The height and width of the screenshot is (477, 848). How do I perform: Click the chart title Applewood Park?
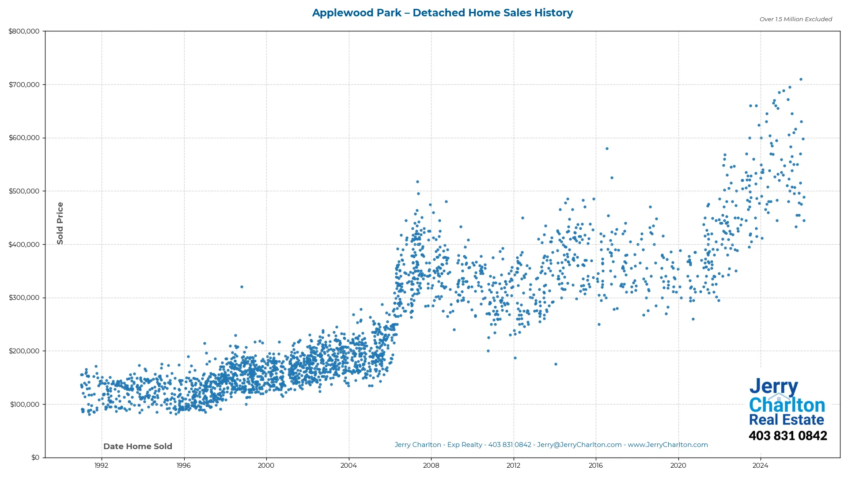coord(442,13)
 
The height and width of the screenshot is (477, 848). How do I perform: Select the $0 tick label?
coord(35,458)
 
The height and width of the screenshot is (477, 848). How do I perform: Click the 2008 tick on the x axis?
coord(431,465)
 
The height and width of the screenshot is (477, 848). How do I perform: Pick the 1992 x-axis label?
coord(102,465)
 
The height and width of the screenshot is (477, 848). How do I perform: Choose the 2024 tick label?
coord(761,465)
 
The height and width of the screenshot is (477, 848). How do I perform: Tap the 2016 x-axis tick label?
coord(596,465)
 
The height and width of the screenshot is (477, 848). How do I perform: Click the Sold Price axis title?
coord(60,223)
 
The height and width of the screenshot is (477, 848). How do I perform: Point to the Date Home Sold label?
coord(138,447)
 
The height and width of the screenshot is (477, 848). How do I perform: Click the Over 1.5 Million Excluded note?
coord(795,19)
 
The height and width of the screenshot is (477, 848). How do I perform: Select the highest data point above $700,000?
coord(801,79)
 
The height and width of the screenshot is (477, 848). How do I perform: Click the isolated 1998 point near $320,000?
coord(242,287)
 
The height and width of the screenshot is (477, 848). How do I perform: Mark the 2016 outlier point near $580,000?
coord(607,148)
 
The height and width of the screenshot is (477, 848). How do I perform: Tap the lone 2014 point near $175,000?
coord(556,364)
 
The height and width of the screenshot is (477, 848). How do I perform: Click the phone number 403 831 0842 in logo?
coord(787,436)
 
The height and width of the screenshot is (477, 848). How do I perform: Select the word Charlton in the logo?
coord(787,405)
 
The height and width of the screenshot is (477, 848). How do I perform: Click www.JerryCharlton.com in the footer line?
coord(667,445)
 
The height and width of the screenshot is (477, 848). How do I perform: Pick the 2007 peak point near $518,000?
coord(417,182)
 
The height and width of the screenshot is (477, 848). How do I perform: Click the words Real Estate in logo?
coord(786,420)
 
